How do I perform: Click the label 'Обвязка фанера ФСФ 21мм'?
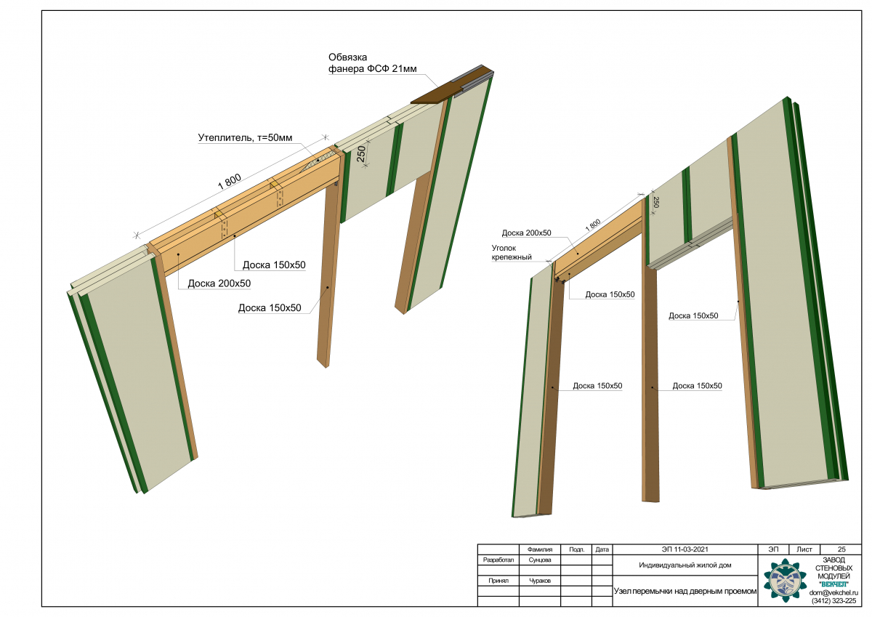tap(372, 63)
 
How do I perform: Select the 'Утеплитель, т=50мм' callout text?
tap(245, 138)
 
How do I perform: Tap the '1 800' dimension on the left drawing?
tap(230, 182)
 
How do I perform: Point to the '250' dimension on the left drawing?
tap(361, 154)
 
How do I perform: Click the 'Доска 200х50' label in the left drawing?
tap(219, 283)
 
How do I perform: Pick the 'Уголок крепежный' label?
tap(512, 252)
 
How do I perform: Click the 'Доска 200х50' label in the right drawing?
tap(526, 233)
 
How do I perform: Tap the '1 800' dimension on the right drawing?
tap(593, 225)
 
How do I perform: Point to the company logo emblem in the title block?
tap(784, 581)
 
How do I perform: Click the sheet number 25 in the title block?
tap(841, 549)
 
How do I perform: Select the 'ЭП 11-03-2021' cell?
tap(685, 549)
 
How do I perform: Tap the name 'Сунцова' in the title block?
tap(539, 560)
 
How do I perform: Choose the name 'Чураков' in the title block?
tap(539, 581)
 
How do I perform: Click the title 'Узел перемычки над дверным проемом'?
tap(685, 591)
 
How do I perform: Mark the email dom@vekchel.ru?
tap(833, 592)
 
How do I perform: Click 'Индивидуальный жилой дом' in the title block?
tap(685, 565)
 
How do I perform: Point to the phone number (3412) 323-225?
tap(833, 601)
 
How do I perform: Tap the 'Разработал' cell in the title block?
tap(498, 560)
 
